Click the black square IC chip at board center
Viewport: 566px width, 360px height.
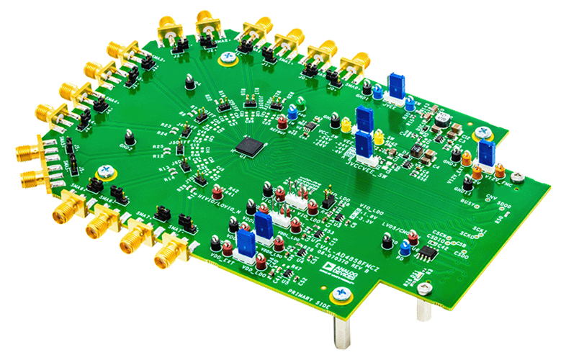coord(247,145)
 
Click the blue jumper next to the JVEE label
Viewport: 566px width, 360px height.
coord(395,84)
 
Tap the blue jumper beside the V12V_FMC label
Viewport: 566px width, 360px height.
coord(486,153)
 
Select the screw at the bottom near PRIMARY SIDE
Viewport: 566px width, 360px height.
coord(341,294)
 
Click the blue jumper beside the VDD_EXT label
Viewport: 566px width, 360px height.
coord(244,241)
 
